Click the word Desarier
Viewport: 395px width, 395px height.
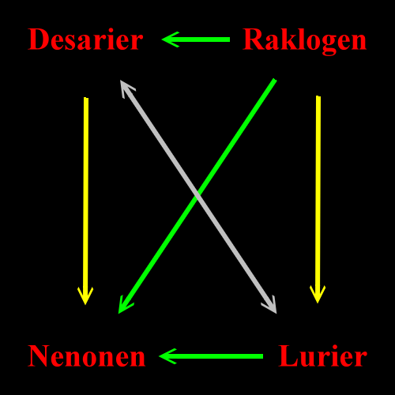85,39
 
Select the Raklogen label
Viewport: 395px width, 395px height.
304,41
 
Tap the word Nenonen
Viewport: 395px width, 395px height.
87,355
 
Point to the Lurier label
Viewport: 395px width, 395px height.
323,355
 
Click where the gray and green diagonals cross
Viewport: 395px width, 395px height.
197,195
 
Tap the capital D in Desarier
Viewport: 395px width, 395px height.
38,39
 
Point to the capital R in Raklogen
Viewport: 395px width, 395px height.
253,39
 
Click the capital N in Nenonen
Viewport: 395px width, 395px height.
39,355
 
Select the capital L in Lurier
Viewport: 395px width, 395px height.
288,355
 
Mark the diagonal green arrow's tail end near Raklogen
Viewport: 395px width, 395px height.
274,80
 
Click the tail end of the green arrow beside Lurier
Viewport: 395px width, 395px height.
263,356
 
